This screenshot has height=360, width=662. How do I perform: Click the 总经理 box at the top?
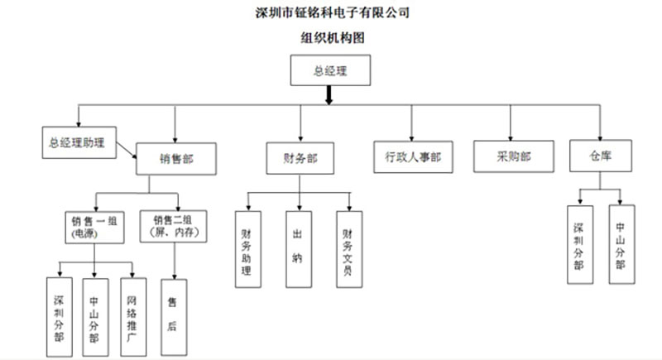pyautogui.click(x=329, y=71)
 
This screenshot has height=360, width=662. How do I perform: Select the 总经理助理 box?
pyautogui.click(x=78, y=142)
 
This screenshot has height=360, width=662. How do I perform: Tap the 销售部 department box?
pyautogui.click(x=176, y=156)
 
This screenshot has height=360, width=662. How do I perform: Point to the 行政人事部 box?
pyautogui.click(x=412, y=156)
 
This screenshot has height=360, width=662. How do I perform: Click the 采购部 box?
pyautogui.click(x=513, y=156)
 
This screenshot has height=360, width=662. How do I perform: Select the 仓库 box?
pyautogui.click(x=601, y=156)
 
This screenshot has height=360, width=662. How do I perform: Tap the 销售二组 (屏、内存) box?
pyautogui.click(x=175, y=226)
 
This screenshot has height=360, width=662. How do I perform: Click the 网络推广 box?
pyautogui.click(x=132, y=315)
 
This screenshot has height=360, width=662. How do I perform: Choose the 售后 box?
pyautogui.click(x=172, y=315)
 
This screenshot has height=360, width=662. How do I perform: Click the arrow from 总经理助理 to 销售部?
pyautogui.click(x=127, y=151)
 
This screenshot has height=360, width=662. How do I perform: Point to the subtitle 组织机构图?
pyautogui.click(x=332, y=37)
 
